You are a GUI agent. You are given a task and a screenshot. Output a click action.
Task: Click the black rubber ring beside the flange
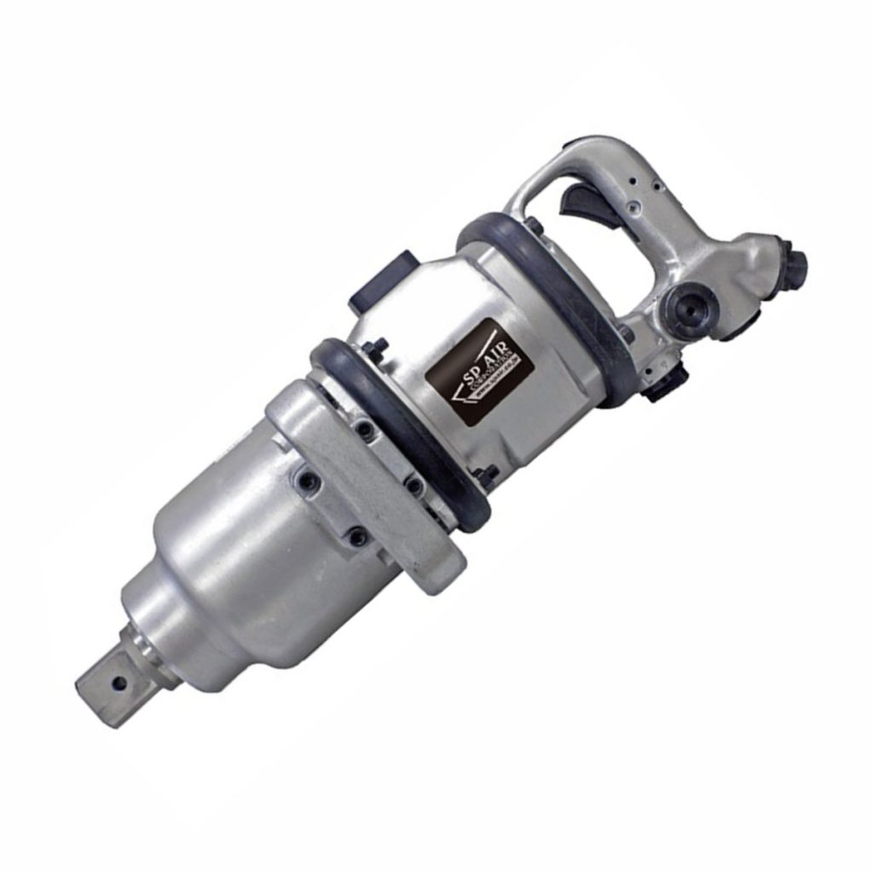[401, 426]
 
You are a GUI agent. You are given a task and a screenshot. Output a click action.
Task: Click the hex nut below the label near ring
[487, 477]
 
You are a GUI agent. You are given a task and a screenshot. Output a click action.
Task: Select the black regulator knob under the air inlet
[665, 384]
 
